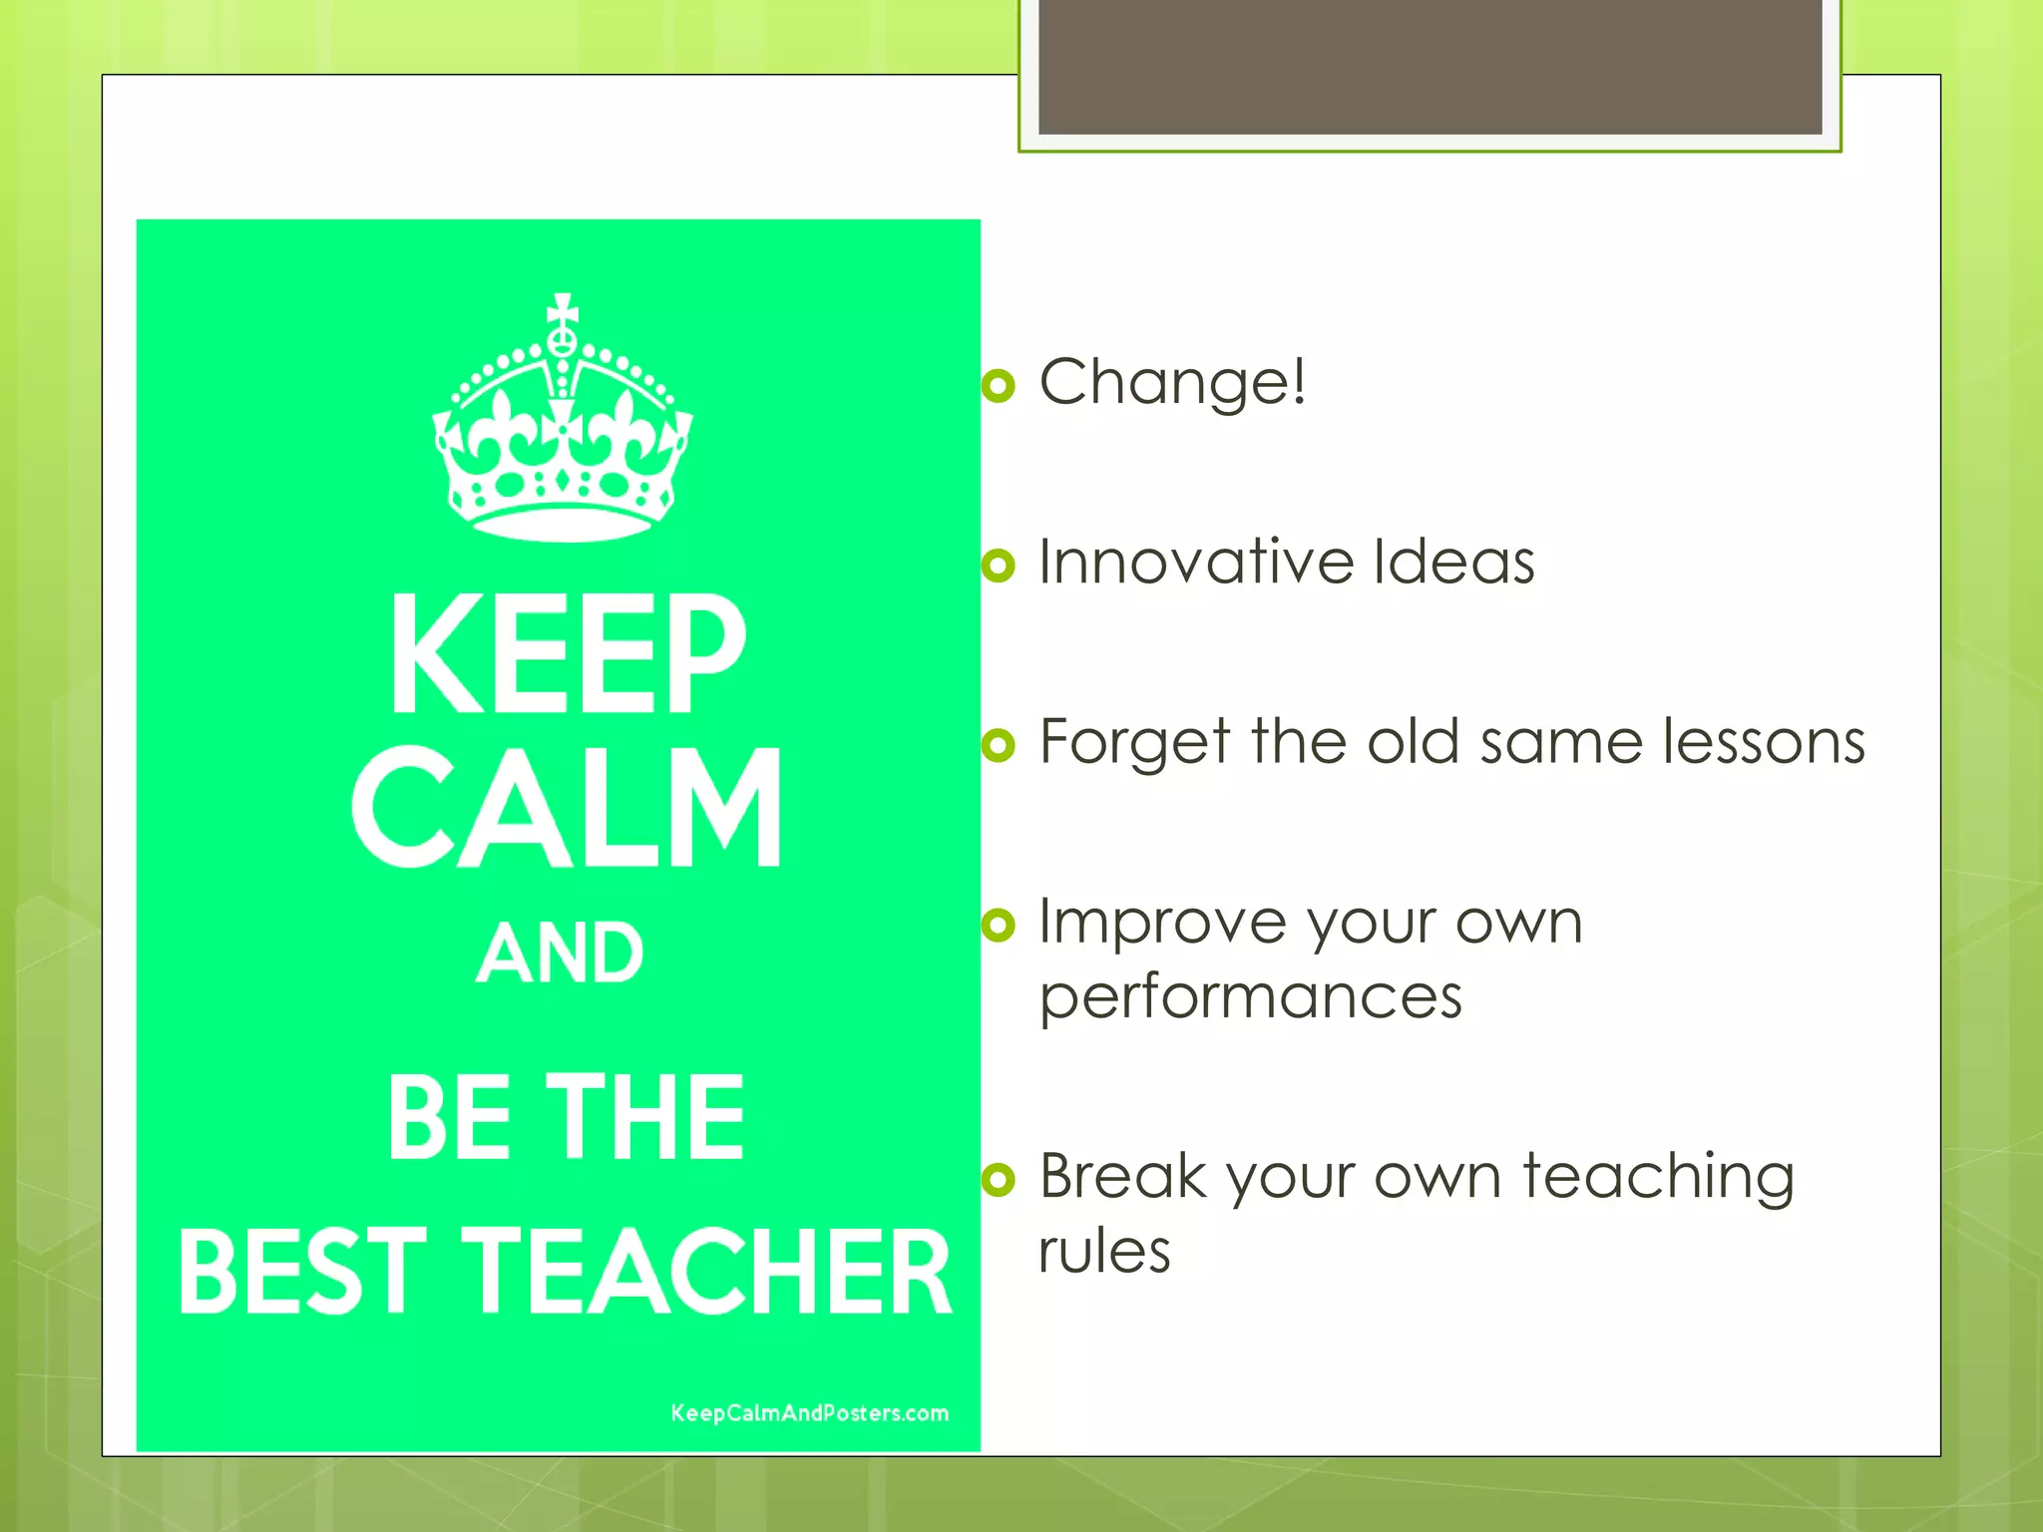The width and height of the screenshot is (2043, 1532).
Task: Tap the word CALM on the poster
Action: point(568,808)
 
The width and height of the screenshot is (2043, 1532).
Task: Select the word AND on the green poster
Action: point(560,954)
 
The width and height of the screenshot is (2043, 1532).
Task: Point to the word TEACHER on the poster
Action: point(709,1272)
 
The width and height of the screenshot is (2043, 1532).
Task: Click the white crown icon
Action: point(563,429)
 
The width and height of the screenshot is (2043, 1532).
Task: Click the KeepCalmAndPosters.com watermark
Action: point(809,1413)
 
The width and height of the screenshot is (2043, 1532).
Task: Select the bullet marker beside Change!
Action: point(999,385)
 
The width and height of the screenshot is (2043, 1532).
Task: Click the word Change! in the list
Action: point(1173,382)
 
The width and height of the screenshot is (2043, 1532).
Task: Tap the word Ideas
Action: point(1453,562)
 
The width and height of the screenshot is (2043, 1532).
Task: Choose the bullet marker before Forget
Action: point(999,744)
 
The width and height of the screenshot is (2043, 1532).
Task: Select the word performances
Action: point(1251,997)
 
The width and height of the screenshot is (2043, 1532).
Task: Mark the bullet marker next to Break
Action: point(999,1180)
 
